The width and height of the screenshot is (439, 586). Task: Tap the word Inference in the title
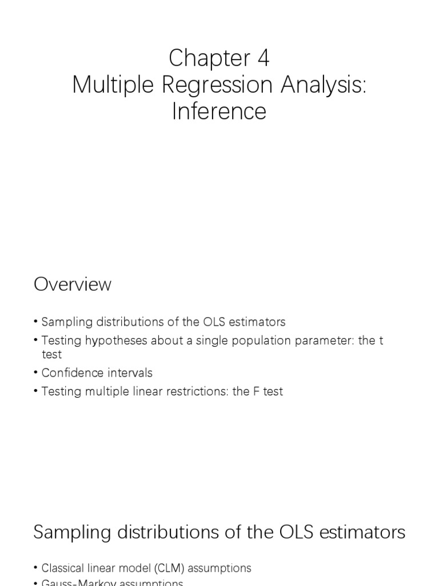219,111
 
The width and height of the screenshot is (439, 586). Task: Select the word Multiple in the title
107,85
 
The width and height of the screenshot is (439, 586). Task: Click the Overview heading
73,284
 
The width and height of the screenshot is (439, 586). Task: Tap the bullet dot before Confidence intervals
36,373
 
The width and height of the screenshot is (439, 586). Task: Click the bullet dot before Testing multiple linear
36,392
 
